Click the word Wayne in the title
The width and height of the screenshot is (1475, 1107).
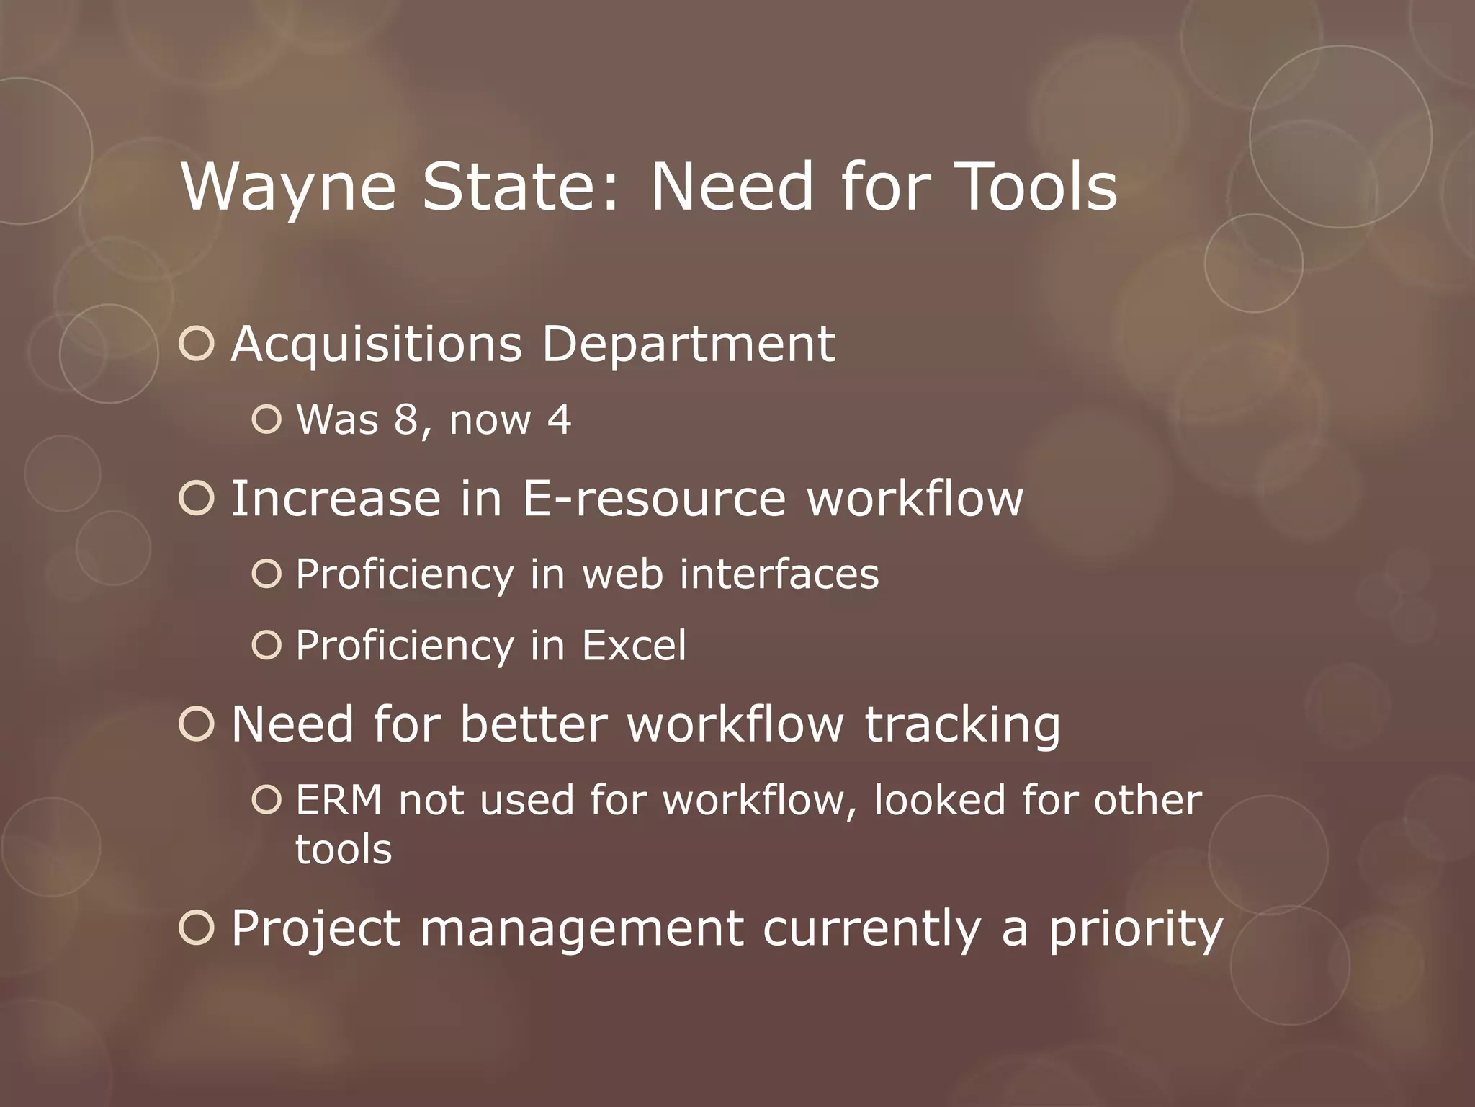[288, 187]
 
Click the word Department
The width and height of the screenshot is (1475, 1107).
[689, 344]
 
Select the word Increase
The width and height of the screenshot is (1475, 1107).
[336, 498]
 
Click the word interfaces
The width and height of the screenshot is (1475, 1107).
[779, 574]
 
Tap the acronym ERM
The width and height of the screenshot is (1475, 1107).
[339, 800]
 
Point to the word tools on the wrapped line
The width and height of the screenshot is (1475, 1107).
[344, 849]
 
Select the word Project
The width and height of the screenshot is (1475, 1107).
[315, 930]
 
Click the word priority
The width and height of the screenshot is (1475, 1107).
[1136, 930]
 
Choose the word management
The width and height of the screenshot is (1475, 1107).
[582, 930]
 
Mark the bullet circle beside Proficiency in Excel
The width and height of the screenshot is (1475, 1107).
[267, 645]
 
